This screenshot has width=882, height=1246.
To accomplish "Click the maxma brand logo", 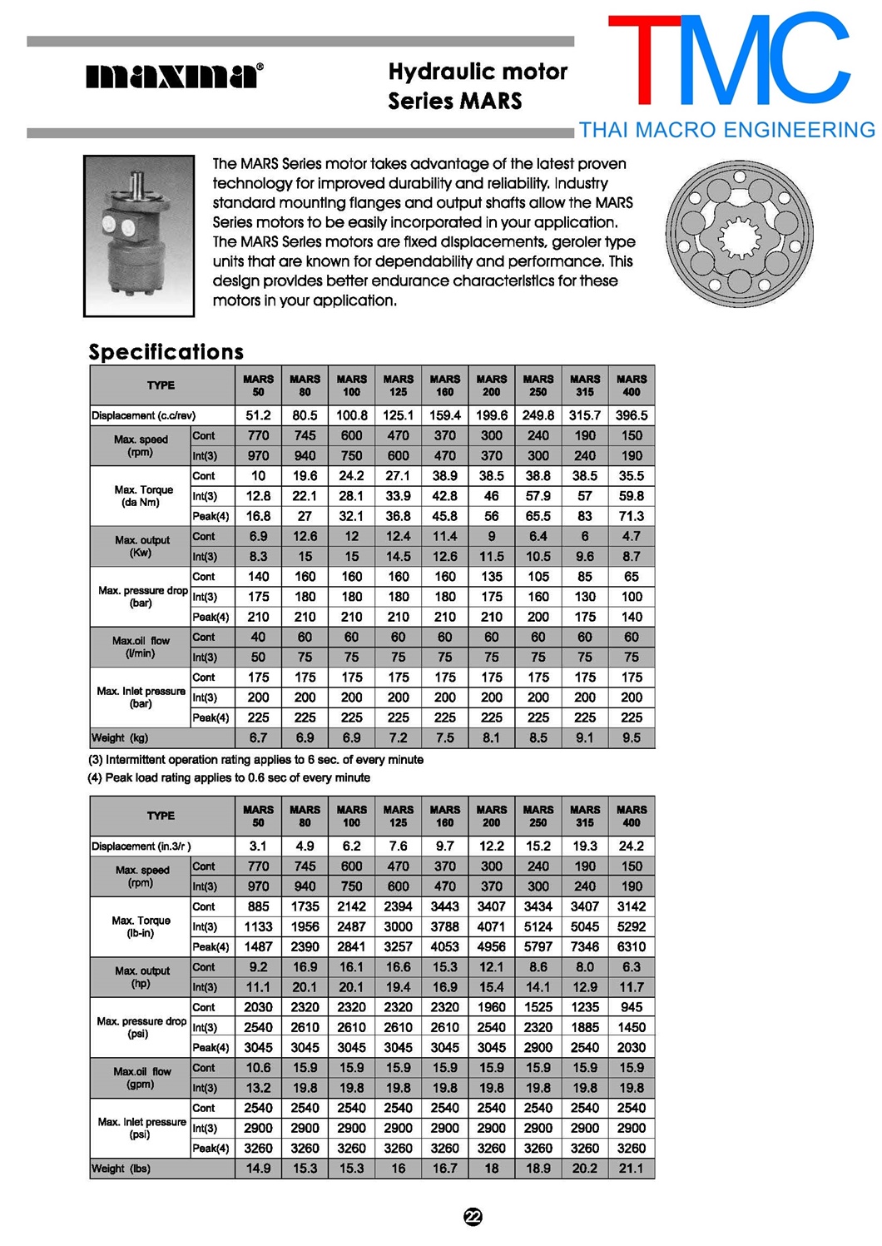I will [x=175, y=77].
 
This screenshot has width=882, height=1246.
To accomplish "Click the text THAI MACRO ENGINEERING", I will [x=726, y=130].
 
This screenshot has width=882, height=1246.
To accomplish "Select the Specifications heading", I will [x=166, y=352].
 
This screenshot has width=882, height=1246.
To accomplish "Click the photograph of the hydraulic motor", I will [x=139, y=236].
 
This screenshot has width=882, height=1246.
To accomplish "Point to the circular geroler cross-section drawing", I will [x=739, y=233].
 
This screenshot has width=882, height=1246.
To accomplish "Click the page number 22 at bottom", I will [x=473, y=1217].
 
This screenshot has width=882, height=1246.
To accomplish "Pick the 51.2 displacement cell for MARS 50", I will [x=258, y=415].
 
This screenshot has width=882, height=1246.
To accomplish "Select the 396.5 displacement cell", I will [x=632, y=415].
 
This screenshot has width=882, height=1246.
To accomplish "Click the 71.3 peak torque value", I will [x=632, y=516].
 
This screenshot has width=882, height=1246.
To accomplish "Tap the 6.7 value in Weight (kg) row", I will [x=258, y=737].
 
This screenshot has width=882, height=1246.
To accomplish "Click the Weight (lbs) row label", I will [x=121, y=1169].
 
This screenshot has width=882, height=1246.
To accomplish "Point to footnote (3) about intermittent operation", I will [x=256, y=760].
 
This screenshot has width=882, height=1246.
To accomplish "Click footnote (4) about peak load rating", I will [x=230, y=777].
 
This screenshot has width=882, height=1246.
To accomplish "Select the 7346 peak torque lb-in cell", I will [x=585, y=947].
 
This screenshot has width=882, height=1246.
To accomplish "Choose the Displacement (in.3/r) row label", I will [x=141, y=846].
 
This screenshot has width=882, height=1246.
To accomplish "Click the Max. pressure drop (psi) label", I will [x=141, y=1027].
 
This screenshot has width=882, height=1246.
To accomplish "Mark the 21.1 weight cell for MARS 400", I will [x=632, y=1169].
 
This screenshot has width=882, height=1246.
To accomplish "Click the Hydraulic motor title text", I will [x=478, y=72].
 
